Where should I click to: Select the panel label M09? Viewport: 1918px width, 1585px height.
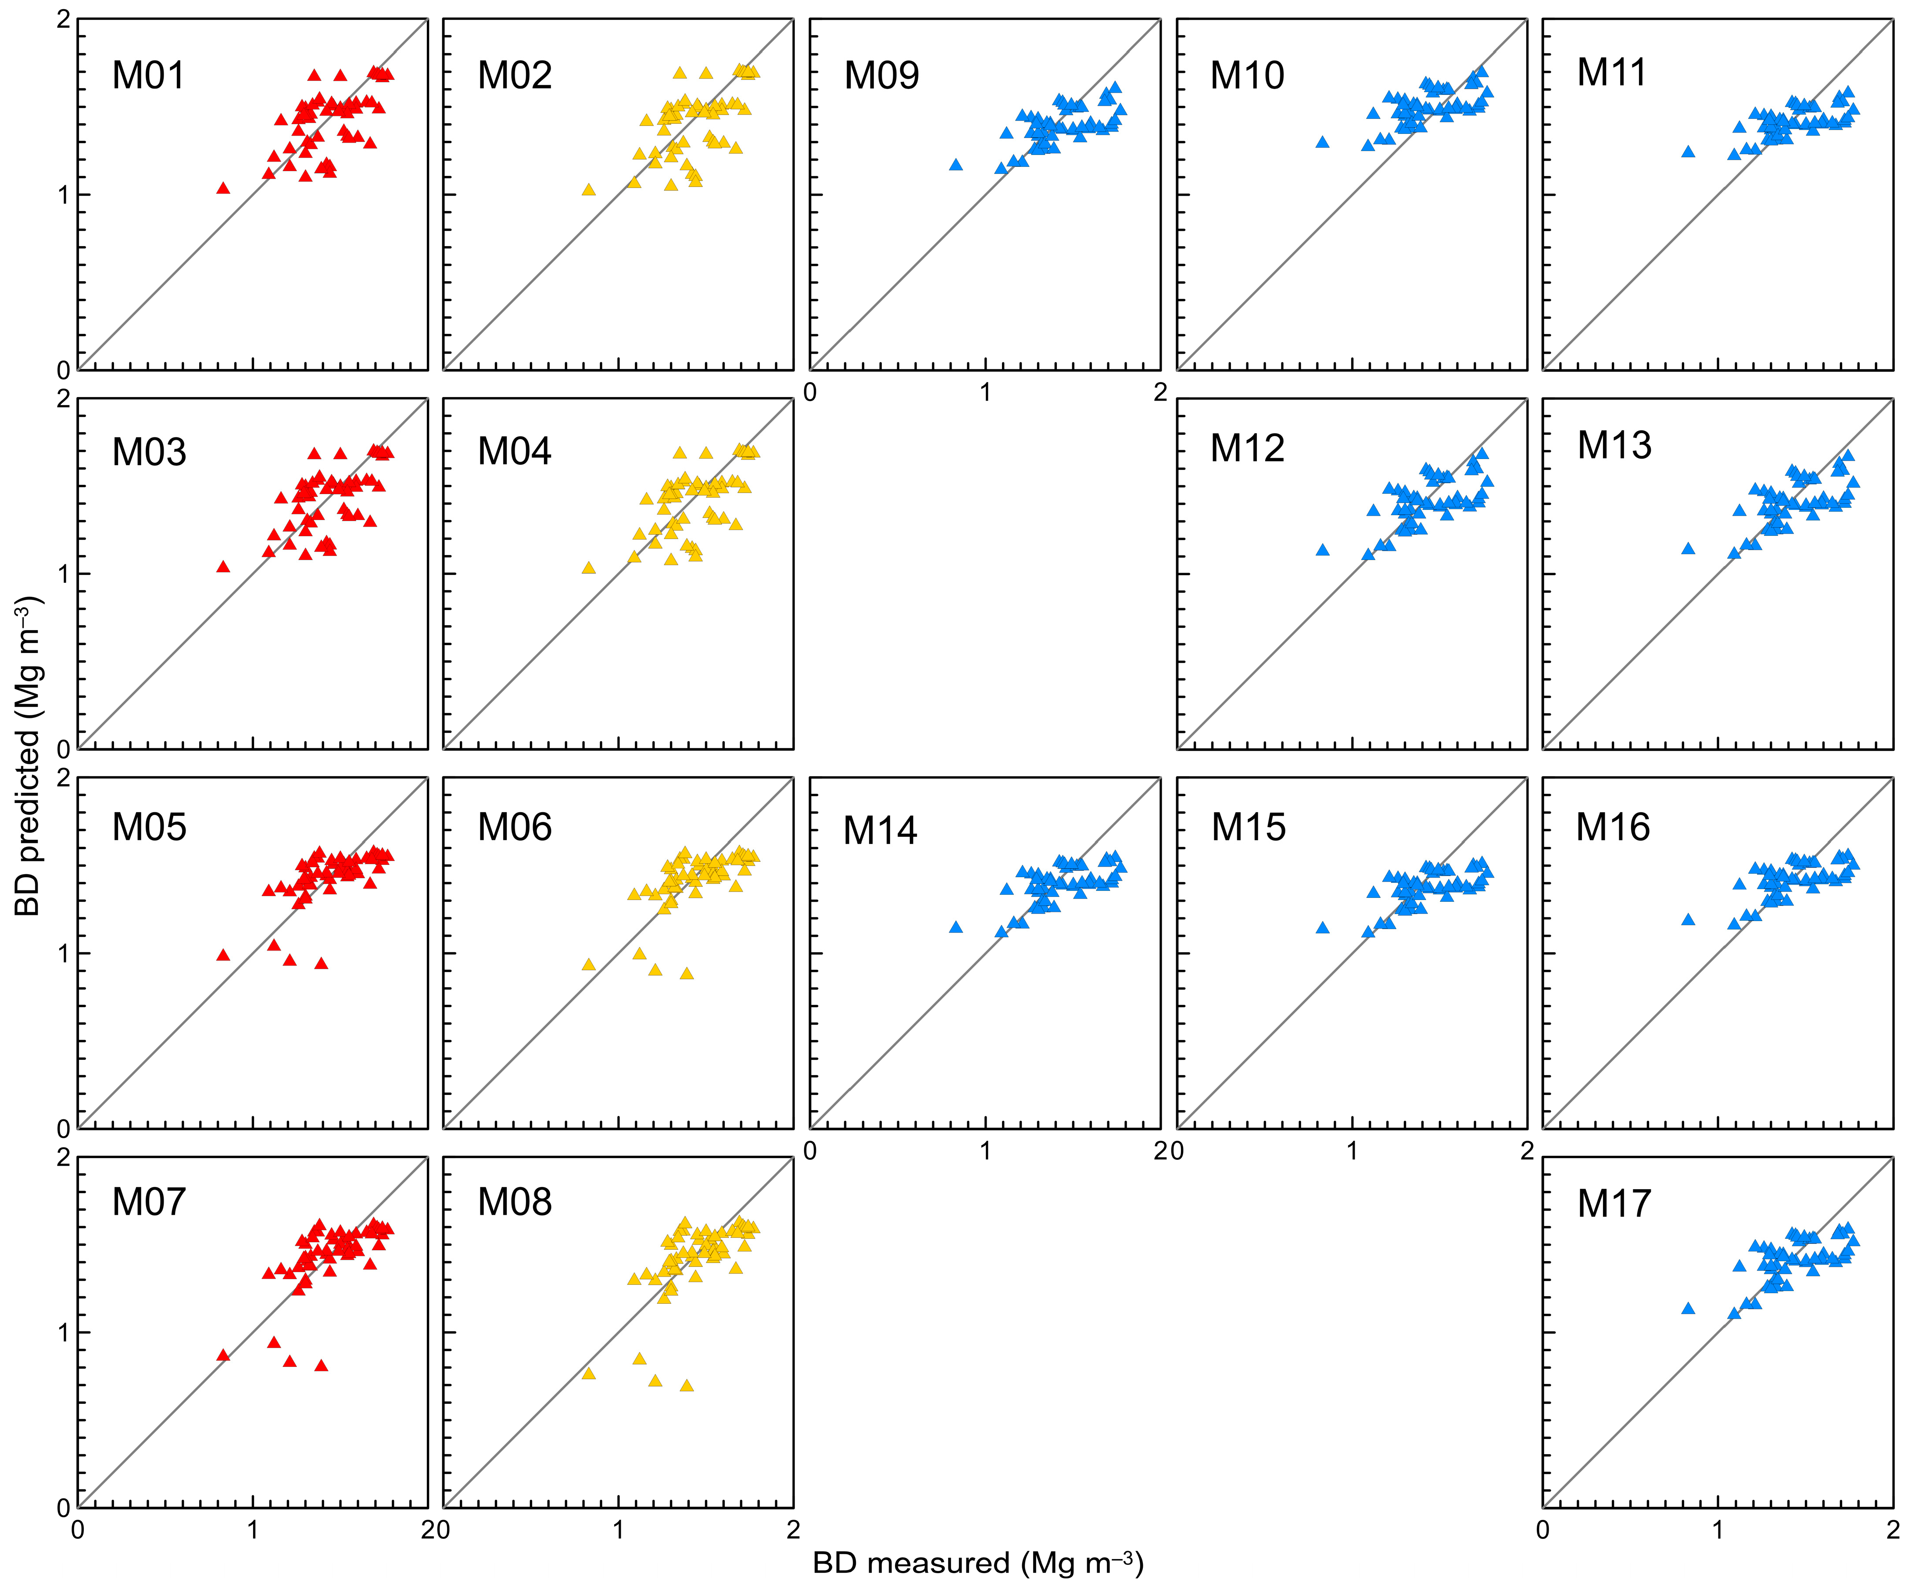881,75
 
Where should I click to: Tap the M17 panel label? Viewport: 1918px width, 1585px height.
1614,1203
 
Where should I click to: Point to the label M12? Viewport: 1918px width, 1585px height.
1247,448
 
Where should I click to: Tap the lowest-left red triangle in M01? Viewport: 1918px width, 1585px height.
223,188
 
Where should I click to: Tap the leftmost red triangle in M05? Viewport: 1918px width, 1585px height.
223,955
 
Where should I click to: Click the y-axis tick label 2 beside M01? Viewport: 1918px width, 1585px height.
63,20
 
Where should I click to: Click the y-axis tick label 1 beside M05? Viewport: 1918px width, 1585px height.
63,953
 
